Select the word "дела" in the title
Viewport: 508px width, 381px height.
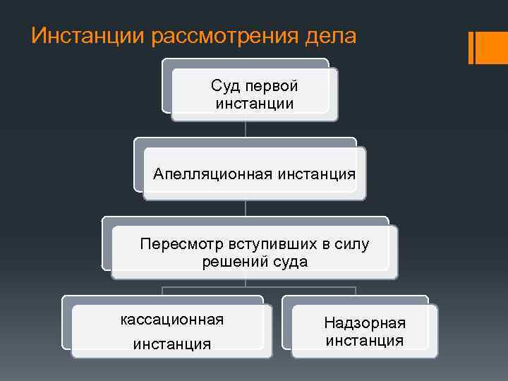click(x=331, y=36)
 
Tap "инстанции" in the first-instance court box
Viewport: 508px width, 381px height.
click(x=255, y=104)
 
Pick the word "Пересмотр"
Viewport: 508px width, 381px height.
click(x=181, y=244)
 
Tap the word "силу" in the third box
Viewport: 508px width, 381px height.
click(x=350, y=244)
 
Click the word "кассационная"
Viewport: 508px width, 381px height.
click(x=172, y=320)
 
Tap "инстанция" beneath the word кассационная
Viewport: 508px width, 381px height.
click(x=172, y=344)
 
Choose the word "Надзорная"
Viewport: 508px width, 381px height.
click(x=365, y=323)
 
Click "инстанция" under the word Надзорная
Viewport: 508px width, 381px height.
click(x=365, y=341)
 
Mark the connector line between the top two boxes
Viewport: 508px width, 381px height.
click(x=246, y=129)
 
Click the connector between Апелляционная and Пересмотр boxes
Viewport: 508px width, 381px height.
click(x=246, y=208)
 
